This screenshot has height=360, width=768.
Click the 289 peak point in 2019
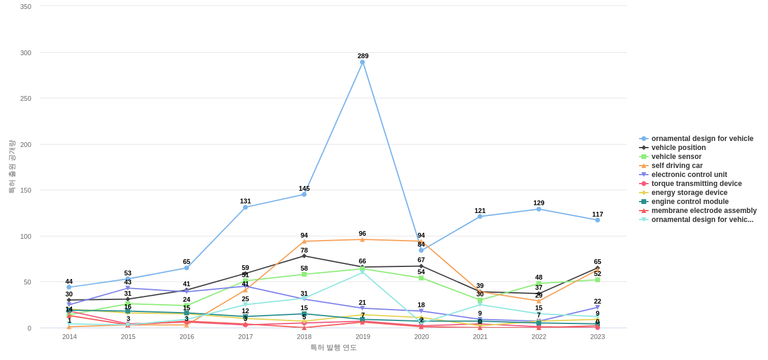[362, 62]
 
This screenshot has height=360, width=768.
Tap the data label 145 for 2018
[304, 188]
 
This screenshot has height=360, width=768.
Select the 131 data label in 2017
[245, 201]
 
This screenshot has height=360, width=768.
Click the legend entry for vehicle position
[679, 148]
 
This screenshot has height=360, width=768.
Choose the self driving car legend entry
[677, 166]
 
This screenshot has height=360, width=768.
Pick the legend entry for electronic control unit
[689, 175]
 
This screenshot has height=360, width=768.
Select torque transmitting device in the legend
[696, 184]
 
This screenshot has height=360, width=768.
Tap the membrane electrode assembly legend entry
[704, 211]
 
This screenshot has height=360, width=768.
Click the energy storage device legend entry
[689, 193]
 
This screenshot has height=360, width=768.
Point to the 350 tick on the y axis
[26, 7]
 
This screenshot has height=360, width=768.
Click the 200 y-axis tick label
[26, 145]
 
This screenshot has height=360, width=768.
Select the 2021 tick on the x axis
[480, 337]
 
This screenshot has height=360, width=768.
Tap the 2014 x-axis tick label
[70, 337]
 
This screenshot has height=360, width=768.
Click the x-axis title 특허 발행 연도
[333, 347]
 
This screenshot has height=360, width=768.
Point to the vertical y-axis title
[11, 166]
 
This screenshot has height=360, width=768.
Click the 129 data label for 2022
[539, 203]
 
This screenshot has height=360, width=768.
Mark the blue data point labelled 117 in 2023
[598, 220]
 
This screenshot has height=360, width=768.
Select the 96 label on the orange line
[362, 233]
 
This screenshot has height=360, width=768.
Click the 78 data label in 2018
[304, 250]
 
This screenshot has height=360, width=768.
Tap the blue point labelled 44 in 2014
[69, 287]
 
